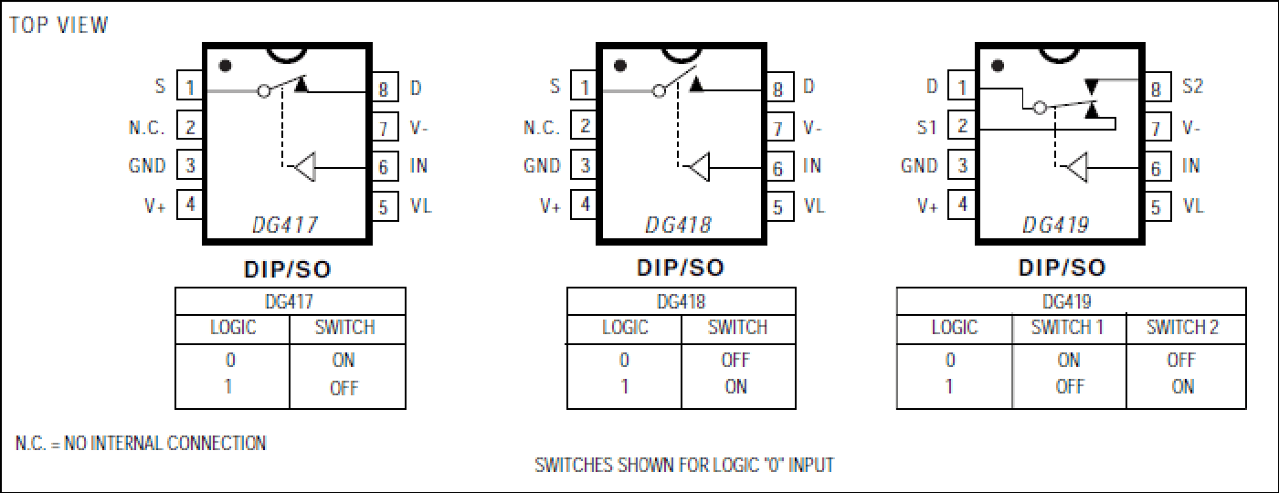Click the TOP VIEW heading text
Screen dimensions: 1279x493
[x=58, y=26]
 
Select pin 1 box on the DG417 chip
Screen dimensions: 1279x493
[x=190, y=86]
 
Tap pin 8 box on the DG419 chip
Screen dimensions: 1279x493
[x=1157, y=88]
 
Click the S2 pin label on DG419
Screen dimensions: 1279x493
[x=1193, y=86]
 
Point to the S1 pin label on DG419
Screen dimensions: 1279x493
[x=926, y=127]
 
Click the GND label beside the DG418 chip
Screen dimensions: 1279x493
[x=542, y=166]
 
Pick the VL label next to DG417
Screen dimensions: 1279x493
[x=421, y=205]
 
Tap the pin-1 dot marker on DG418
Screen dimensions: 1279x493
[x=620, y=66]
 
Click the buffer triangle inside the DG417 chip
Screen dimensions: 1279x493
[x=305, y=167]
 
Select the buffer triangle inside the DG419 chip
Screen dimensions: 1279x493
[x=1077, y=167]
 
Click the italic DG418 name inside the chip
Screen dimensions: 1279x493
[x=678, y=225]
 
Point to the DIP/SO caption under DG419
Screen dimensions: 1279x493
[x=1062, y=267]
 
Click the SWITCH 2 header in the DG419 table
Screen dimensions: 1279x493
[x=1182, y=327]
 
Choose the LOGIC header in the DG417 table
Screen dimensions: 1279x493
[x=233, y=327]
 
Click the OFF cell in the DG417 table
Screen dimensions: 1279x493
[x=344, y=388]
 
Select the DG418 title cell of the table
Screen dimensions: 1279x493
[x=682, y=301]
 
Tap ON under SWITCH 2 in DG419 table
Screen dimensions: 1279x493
[x=1182, y=386]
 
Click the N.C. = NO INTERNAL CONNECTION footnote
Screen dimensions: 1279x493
[x=141, y=443]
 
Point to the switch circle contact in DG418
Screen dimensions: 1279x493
[x=659, y=90]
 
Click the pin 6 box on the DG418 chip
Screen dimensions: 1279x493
[x=778, y=167]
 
